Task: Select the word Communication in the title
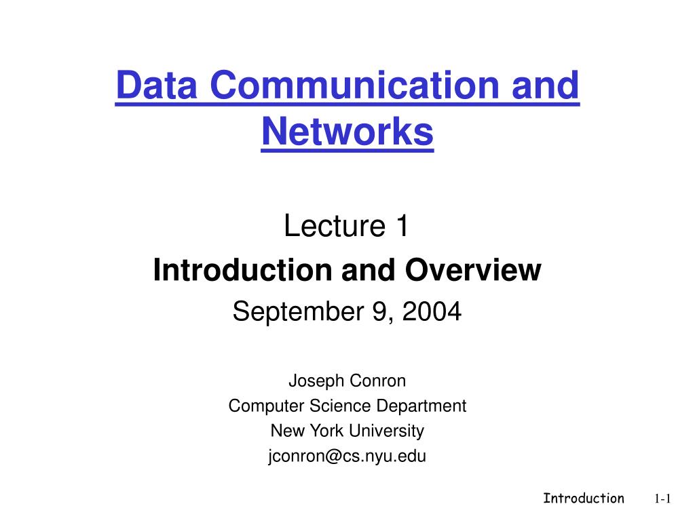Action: (345, 88)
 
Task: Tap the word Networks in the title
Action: (347, 132)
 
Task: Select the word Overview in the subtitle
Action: (474, 270)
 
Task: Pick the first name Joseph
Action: (316, 381)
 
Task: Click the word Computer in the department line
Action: (259, 406)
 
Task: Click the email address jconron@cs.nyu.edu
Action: (347, 456)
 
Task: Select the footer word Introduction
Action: (583, 499)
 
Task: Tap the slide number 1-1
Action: (662, 499)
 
